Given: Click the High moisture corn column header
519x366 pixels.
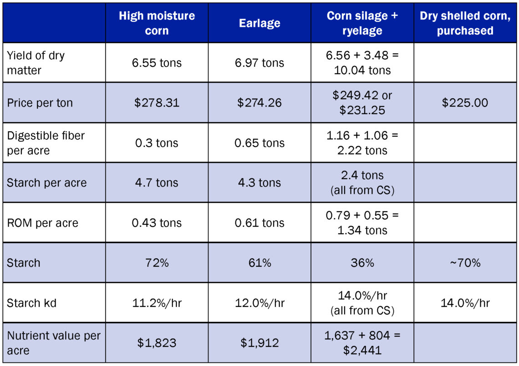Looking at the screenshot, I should pyautogui.click(x=157, y=23).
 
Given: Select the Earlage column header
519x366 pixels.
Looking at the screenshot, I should pyautogui.click(x=260, y=23).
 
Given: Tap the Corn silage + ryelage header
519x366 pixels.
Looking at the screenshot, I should pyautogui.click(x=362, y=23).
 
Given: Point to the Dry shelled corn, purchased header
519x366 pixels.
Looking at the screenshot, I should pyautogui.click(x=465, y=23).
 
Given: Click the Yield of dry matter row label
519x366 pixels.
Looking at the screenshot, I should pyautogui.click(x=36, y=63).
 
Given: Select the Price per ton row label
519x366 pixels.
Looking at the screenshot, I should pyautogui.click(x=40, y=103).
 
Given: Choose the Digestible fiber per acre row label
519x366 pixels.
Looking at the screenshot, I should pyautogui.click(x=46, y=142).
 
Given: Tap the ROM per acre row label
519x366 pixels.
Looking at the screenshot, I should pyautogui.click(x=42, y=223).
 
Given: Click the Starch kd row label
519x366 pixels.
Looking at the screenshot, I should pyautogui.click(x=32, y=303).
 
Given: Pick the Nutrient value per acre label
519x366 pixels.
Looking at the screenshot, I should pyautogui.click(x=53, y=343).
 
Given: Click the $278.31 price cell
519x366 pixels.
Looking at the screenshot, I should pyautogui.click(x=157, y=103).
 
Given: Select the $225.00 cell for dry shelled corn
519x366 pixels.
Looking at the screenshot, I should pyautogui.click(x=465, y=103).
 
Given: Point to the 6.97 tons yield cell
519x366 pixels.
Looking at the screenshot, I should pyautogui.click(x=260, y=63).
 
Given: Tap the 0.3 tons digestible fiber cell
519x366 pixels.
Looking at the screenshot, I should pyautogui.click(x=157, y=142).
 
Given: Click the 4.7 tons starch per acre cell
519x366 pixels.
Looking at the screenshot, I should pyautogui.click(x=157, y=183).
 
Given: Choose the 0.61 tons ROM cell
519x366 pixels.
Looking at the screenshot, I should pyautogui.click(x=260, y=223).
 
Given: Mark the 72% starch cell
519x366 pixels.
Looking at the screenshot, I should pyautogui.click(x=157, y=263).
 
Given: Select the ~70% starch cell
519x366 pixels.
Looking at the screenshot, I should pyautogui.click(x=465, y=263).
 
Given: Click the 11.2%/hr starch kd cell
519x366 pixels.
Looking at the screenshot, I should pyautogui.click(x=157, y=303).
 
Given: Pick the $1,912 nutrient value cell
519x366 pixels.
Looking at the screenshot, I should pyautogui.click(x=260, y=343).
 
